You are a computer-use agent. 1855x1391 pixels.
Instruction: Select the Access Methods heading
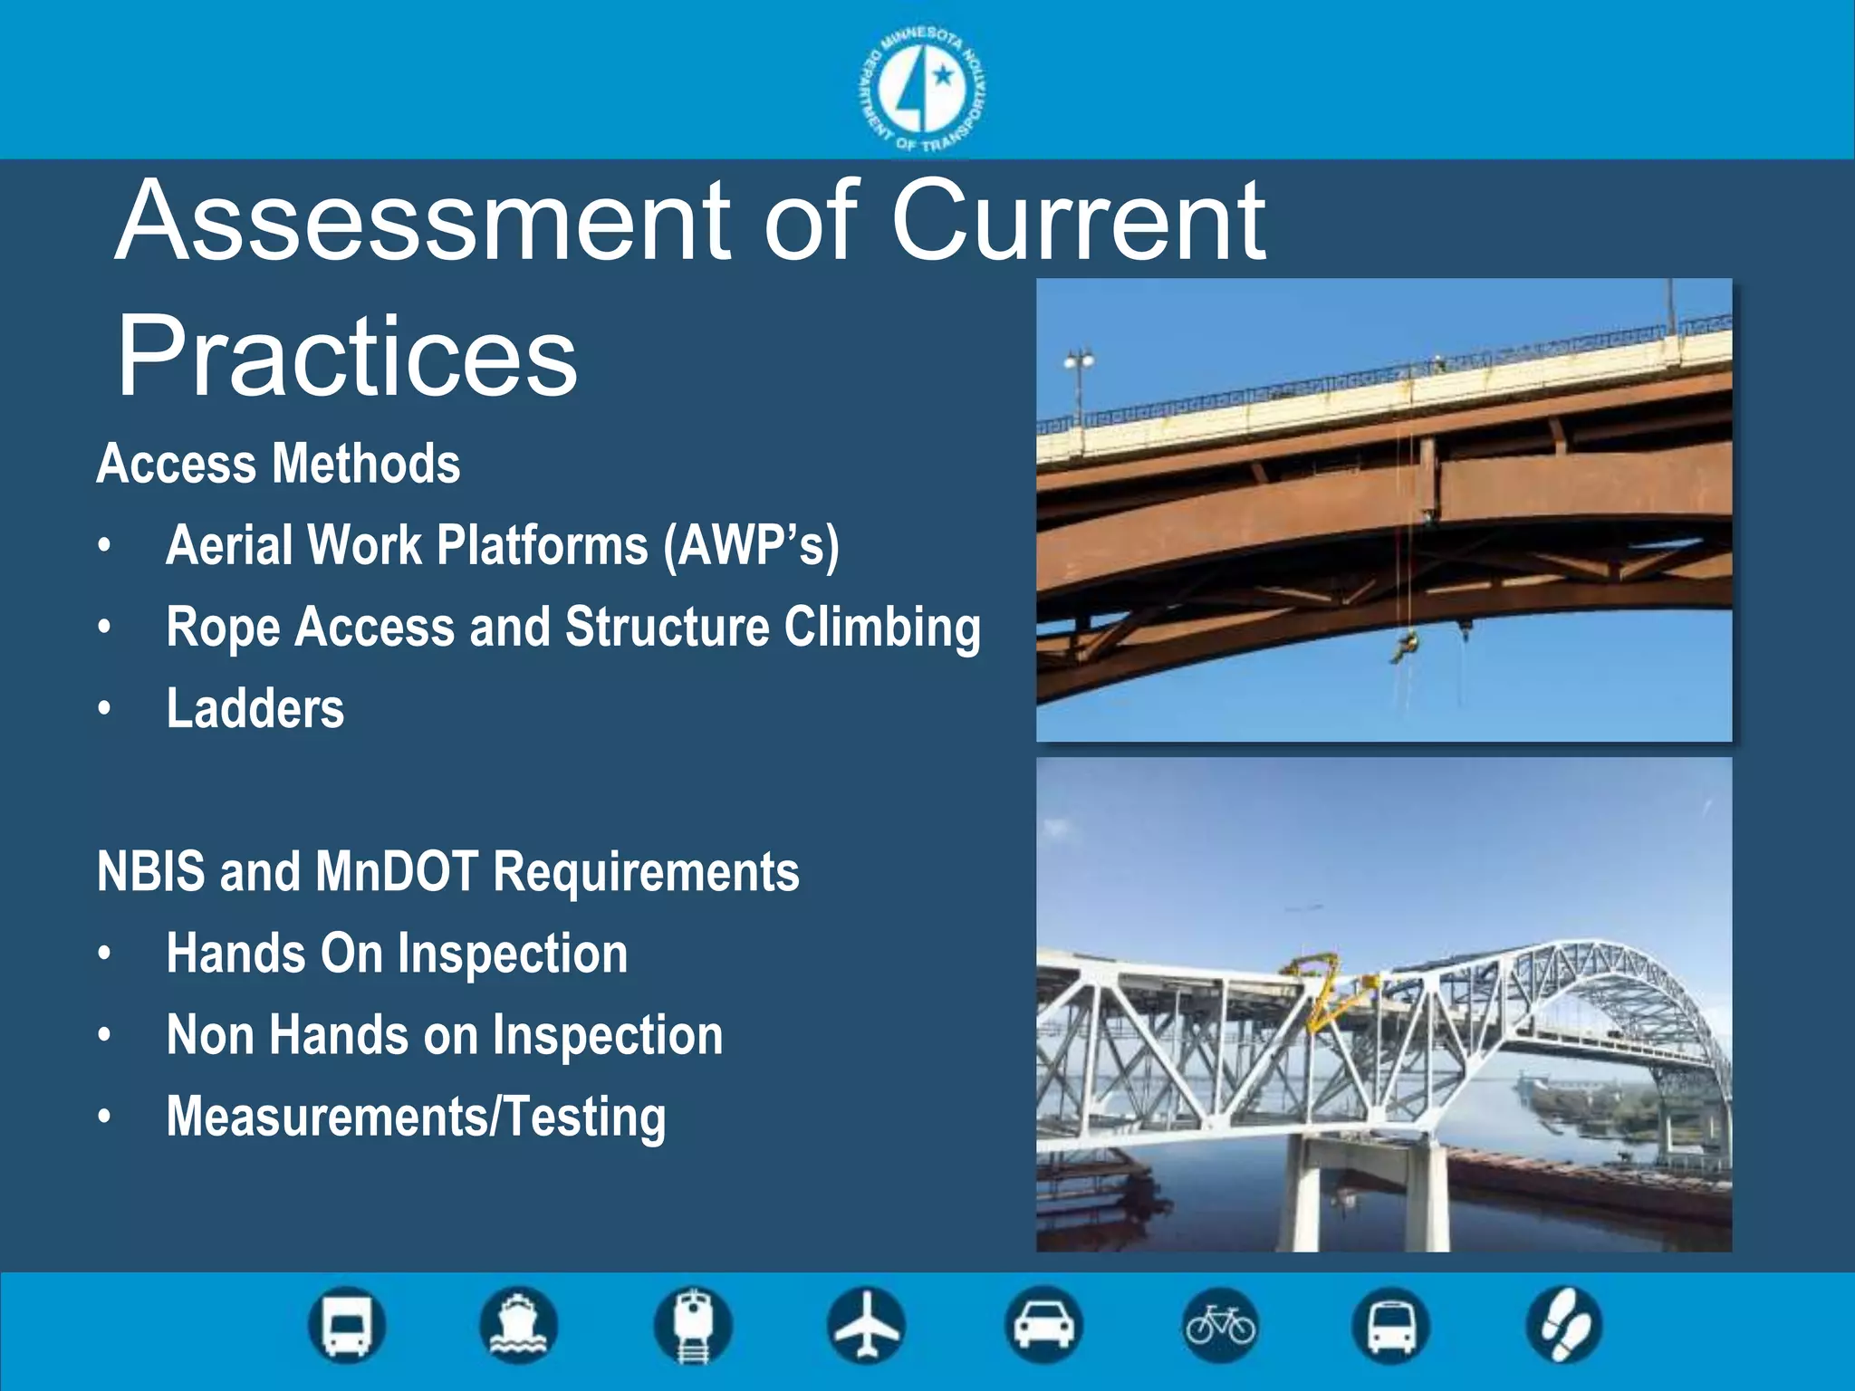click(278, 464)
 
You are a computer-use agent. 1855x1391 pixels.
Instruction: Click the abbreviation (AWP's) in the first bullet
click(751, 546)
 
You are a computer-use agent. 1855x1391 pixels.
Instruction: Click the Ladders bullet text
click(255, 708)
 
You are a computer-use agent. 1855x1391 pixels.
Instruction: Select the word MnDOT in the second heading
click(395, 871)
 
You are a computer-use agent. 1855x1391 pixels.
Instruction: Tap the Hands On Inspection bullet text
click(396, 954)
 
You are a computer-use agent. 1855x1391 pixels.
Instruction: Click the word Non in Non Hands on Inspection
click(209, 1035)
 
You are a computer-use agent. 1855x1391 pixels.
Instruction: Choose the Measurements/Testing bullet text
click(416, 1117)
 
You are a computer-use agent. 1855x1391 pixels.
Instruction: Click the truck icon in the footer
click(347, 1325)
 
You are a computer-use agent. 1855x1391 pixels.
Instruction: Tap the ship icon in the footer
click(518, 1325)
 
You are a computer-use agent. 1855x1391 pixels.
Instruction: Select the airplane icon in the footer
click(866, 1325)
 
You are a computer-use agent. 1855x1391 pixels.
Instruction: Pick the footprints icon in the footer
click(1564, 1325)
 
